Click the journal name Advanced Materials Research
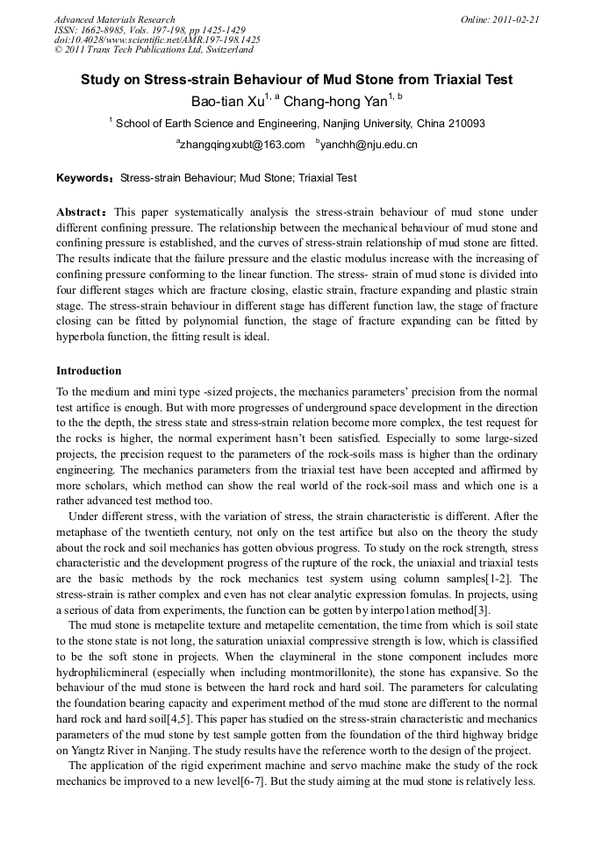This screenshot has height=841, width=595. pos(114,19)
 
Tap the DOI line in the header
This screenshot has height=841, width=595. pos(157,39)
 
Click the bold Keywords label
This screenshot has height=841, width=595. pos(84,178)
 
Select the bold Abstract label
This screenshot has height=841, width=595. pos(82,212)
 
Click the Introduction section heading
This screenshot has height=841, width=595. pos(89,371)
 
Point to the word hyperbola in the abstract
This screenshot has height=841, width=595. pos(82,336)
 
